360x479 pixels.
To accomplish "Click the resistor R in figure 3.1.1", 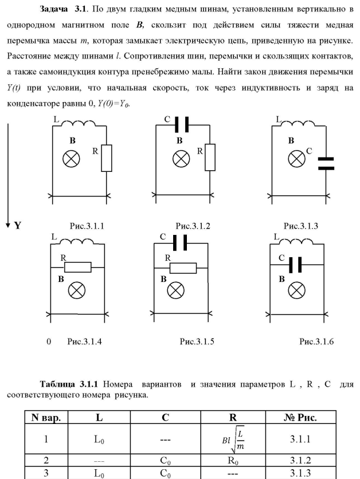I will click(107, 158).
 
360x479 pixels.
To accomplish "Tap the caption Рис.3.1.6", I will click(316, 341).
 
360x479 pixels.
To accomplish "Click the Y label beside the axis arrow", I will click(18, 225).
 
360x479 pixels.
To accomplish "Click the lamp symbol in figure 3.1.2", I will click(182, 158).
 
